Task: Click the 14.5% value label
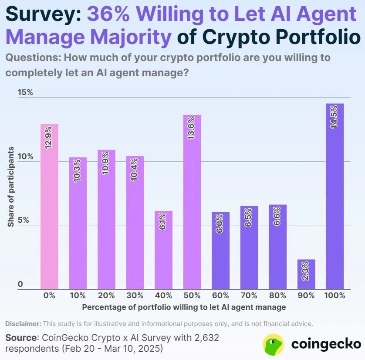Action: [335, 116]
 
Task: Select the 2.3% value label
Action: [306, 271]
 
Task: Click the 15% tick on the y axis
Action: [25, 92]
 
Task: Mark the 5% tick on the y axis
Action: [23, 221]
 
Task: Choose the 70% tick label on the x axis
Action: [249, 295]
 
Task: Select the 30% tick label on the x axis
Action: [135, 295]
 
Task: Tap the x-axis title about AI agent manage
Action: [184, 307]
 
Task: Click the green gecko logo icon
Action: [274, 344]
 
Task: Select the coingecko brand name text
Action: [326, 344]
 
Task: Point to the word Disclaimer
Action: [23, 324]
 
